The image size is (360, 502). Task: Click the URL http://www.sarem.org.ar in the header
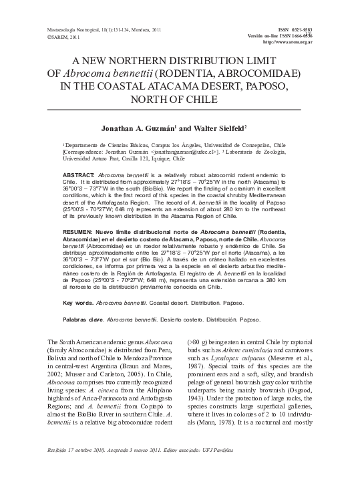click(289, 41)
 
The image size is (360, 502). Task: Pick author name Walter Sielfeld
click(217, 126)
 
